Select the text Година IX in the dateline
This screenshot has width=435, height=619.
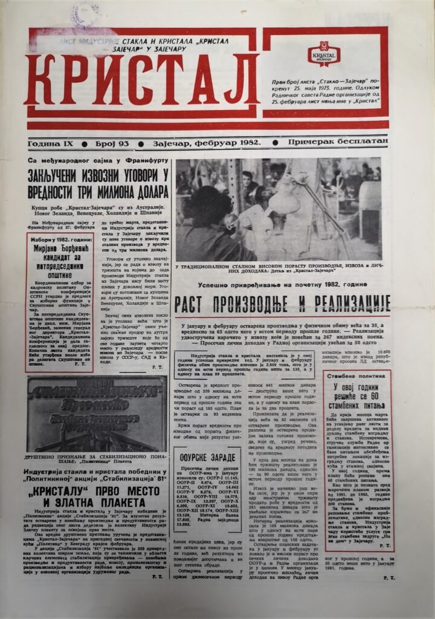pos(51,143)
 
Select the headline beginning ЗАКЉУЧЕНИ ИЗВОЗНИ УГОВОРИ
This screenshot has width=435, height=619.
pos(98,184)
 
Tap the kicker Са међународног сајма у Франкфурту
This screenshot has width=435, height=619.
pos(97,162)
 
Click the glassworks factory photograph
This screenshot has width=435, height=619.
pos(279,209)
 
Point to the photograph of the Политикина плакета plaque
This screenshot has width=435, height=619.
pos(97,414)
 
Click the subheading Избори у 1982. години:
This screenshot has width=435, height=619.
pos(59,239)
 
